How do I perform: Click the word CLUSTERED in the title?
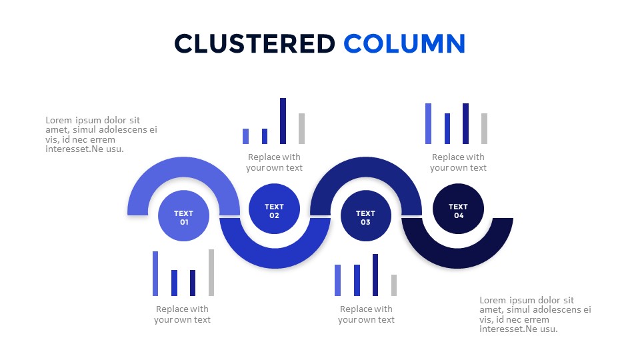[x=255, y=44]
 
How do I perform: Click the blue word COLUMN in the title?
[x=405, y=44]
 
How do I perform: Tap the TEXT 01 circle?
[x=184, y=215]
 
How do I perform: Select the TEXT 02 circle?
[x=274, y=209]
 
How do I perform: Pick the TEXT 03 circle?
[x=366, y=215]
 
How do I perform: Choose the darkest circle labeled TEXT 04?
[x=459, y=209]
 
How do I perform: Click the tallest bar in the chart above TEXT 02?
[x=283, y=121]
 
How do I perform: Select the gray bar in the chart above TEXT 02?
[x=301, y=129]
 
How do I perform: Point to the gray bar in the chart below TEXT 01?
[x=211, y=273]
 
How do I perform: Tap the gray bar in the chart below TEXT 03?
[x=394, y=285]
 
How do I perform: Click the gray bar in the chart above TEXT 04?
[x=485, y=129]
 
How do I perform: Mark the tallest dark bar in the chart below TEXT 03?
[x=375, y=275]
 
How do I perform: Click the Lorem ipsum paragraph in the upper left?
[x=101, y=135]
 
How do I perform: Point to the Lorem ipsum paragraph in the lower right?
[x=535, y=315]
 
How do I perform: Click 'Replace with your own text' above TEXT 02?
[x=274, y=163]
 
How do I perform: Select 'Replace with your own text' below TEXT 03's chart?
[x=366, y=314]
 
